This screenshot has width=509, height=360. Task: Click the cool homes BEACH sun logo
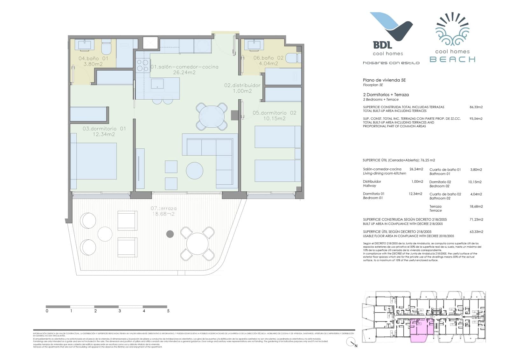(x=452, y=38)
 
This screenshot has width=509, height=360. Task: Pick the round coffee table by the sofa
(x=194, y=171)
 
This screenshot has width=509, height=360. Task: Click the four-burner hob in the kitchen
(x=142, y=65)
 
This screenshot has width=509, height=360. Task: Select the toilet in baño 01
(x=106, y=47)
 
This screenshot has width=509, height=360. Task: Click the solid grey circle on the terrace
(x=170, y=234)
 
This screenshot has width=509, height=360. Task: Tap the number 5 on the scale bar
(x=168, y=311)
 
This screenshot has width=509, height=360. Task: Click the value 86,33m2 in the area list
(x=476, y=107)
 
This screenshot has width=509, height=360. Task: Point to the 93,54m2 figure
(x=476, y=119)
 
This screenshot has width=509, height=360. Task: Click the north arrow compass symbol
(x=351, y=342)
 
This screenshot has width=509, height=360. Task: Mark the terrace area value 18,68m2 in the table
(x=476, y=207)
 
